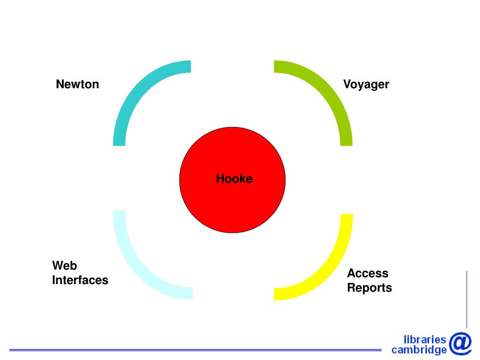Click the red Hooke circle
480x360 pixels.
coord(232,202)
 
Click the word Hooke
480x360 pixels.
coord(234,179)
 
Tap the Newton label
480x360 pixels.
coord(77,84)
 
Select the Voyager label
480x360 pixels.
coord(366,85)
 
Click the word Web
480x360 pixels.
coord(64,266)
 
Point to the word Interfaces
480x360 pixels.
coord(80,280)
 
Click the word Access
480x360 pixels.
coord(367,273)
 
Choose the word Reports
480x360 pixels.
coord(369,288)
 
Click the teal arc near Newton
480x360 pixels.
coord(136,89)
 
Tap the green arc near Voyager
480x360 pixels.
coord(328,89)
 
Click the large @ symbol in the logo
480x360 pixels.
coord(460,343)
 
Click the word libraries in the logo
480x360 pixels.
coord(425,339)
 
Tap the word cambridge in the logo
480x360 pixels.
coord(419,350)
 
